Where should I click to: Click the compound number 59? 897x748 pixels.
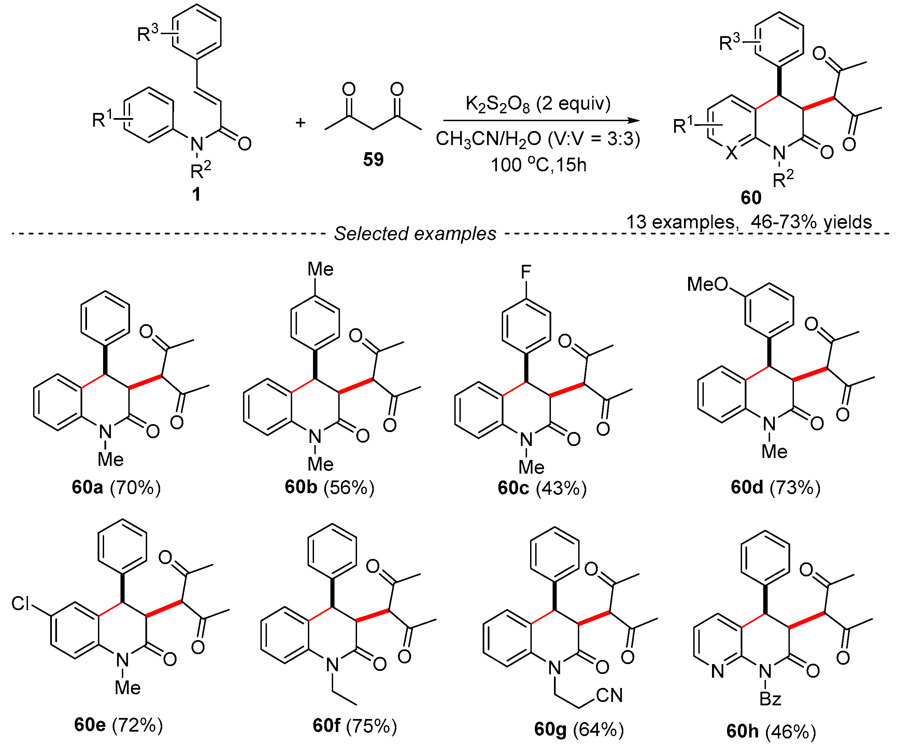[x=373, y=159]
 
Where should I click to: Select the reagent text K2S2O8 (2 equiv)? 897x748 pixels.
[x=538, y=104]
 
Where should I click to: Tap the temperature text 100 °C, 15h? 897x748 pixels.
[x=538, y=165]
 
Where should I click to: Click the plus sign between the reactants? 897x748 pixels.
[x=300, y=123]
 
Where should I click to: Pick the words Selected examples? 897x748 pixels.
[x=415, y=233]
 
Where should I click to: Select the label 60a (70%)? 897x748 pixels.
[x=116, y=487]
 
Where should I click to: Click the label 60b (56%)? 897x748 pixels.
[x=329, y=487]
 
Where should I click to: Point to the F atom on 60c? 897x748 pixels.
[x=526, y=272]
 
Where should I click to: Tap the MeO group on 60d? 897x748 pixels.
[x=707, y=284]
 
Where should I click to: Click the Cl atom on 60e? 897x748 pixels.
[x=20, y=604]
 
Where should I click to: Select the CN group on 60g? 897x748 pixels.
[x=609, y=695]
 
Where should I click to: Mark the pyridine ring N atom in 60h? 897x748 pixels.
[x=717, y=672]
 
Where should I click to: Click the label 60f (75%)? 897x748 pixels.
[x=355, y=725]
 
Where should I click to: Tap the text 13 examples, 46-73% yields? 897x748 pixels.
[x=749, y=222]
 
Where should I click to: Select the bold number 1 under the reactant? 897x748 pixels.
[x=196, y=194]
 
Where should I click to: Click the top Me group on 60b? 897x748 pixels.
[x=321, y=269]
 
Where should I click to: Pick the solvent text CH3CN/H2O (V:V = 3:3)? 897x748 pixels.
[x=538, y=139]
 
